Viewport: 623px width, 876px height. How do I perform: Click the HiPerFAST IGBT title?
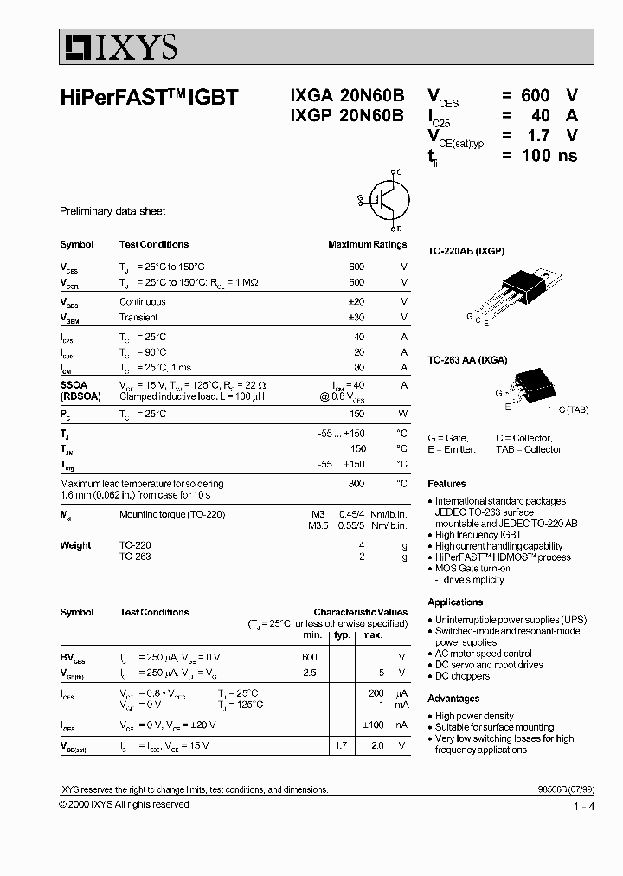click(148, 99)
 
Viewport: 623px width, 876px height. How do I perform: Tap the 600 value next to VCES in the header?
click(535, 96)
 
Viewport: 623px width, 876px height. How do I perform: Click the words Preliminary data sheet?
click(112, 211)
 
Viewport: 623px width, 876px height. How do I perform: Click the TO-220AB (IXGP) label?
click(466, 251)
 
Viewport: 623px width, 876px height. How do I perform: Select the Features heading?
click(446, 484)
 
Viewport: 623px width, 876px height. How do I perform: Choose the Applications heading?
click(455, 602)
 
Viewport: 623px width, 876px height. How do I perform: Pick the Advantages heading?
click(453, 699)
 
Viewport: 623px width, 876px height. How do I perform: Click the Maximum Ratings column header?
click(367, 244)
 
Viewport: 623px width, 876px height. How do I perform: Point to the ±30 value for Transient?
click(356, 318)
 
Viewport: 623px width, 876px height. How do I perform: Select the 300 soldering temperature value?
click(356, 483)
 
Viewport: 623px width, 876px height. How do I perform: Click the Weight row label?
click(75, 545)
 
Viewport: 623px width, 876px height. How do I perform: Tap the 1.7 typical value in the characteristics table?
click(341, 745)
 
